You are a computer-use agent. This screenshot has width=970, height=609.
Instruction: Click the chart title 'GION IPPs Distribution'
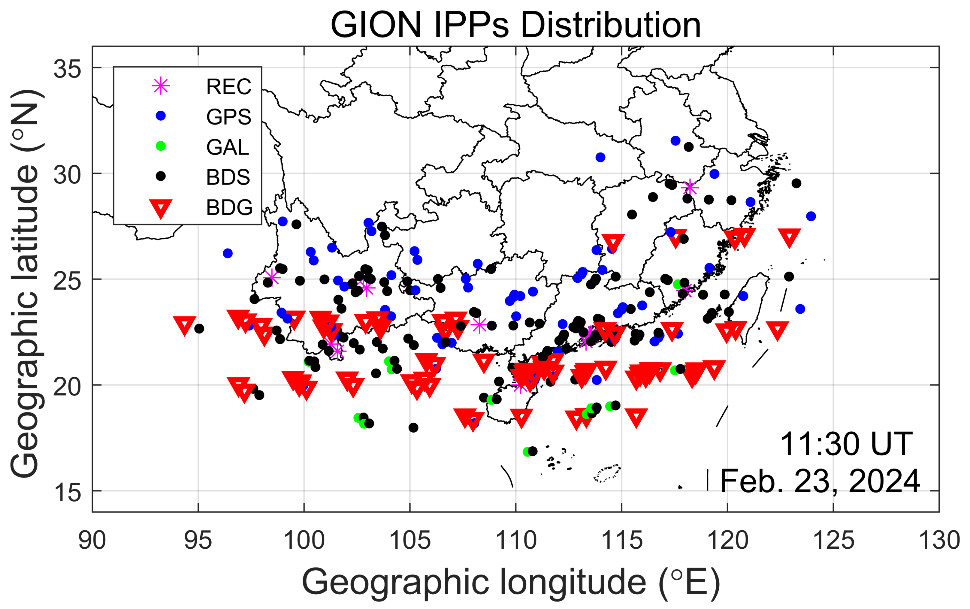[515, 25]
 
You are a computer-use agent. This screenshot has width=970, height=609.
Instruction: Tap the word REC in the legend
[228, 87]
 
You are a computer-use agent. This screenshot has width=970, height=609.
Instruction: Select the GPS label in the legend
[228, 117]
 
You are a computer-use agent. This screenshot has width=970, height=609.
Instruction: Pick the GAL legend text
[228, 147]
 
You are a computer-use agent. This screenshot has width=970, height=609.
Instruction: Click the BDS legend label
[228, 177]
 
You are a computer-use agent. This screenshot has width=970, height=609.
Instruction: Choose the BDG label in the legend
[229, 207]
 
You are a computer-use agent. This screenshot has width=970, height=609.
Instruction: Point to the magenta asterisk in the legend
[161, 86]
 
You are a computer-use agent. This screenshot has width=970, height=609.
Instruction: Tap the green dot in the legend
[161, 146]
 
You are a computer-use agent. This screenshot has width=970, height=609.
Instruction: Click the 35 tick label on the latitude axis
[67, 69]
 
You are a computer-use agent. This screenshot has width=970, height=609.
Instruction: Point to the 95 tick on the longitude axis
[198, 540]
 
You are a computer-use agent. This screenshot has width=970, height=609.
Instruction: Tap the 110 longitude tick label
[515, 540]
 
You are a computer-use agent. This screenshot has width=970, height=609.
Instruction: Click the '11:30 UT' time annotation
[846, 444]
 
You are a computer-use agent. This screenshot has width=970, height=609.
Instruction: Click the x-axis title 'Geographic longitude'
[511, 582]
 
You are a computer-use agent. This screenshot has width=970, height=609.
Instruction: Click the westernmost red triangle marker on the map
[185, 325]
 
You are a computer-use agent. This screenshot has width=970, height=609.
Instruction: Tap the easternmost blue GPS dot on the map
[811, 216]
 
